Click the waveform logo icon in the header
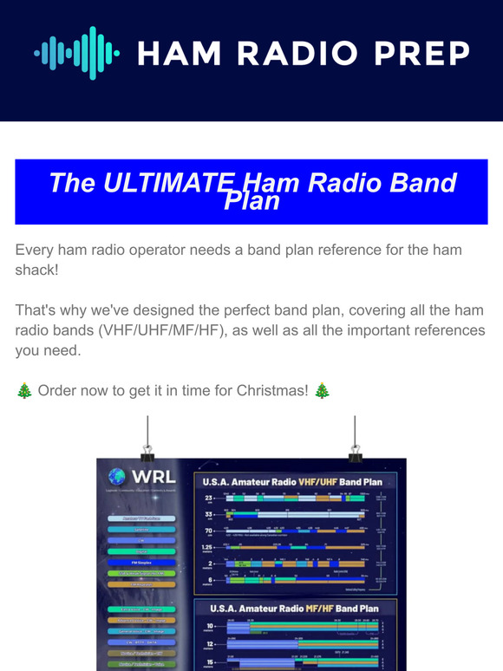click(76, 54)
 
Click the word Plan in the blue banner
click(251, 202)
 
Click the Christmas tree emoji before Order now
click(24, 391)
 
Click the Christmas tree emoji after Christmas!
click(322, 391)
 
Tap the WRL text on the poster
click(153, 478)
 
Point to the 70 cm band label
click(208, 531)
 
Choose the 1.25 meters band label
click(208, 549)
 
